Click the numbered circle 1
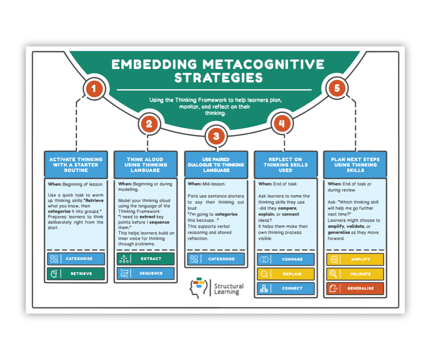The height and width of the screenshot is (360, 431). tap(94, 89)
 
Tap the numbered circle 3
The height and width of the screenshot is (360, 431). tap(216, 136)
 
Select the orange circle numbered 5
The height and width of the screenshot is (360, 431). tap(337, 88)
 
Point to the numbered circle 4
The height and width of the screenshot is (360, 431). tap(281, 124)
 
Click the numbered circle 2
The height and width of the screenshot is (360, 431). tap(149, 124)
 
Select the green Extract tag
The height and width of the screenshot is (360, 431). tap(146, 259)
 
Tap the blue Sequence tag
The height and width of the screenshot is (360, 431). tap(146, 273)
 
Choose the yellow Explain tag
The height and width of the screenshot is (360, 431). tap(285, 274)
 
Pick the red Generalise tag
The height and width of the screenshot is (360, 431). tap(355, 288)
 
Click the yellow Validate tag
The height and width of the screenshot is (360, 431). tap(355, 274)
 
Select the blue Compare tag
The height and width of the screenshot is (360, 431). tap(285, 259)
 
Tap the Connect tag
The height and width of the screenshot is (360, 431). tap(285, 288)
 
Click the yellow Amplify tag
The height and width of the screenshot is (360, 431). tap(355, 259)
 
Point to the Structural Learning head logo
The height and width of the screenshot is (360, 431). tap(198, 287)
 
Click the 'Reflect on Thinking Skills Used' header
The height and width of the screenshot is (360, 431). tap(285, 165)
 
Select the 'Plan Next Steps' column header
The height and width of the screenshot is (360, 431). tap(355, 165)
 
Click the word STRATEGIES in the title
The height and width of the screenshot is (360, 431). tap(218, 78)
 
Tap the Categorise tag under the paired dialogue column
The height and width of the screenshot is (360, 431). tap(216, 259)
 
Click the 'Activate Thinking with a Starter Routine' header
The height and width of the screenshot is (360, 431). tap(76, 165)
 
